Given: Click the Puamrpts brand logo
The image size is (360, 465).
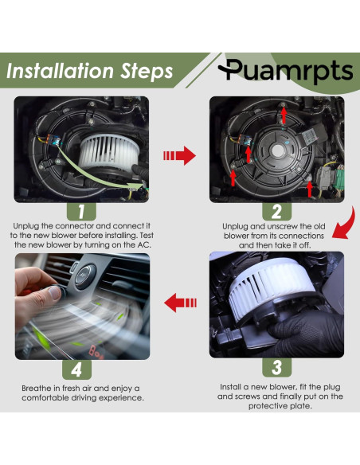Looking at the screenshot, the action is (286, 70).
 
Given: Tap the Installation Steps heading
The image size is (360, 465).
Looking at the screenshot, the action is (89, 71).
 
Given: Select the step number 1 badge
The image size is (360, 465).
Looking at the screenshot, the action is (81, 212).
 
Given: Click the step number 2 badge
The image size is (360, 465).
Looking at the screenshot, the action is (276, 212).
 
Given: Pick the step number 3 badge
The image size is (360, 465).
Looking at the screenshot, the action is (276, 367).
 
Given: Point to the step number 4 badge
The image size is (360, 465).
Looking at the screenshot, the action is (76, 369).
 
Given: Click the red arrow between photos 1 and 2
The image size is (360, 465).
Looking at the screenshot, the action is (179, 155).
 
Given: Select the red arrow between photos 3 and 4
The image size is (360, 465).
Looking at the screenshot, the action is (180, 303).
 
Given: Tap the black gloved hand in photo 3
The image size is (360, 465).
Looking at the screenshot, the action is (305, 334).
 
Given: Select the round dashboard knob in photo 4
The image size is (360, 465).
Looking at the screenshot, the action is (85, 276).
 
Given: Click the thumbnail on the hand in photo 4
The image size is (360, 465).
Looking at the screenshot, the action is (55, 293).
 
